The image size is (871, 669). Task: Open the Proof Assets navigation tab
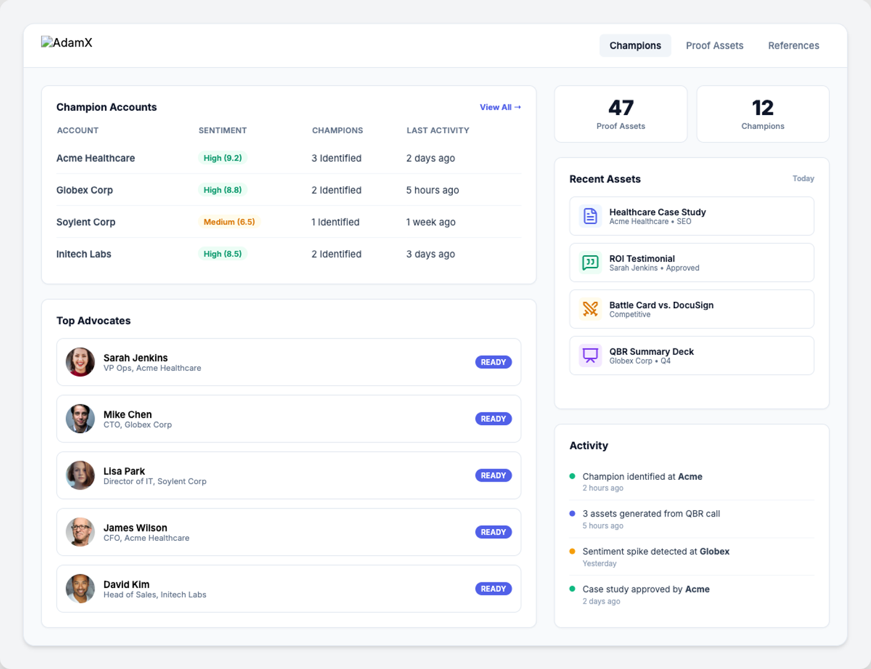click(714, 45)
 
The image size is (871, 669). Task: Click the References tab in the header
click(793, 45)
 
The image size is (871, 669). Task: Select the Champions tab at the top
click(635, 45)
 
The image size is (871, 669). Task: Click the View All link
click(500, 107)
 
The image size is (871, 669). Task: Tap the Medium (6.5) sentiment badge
click(229, 222)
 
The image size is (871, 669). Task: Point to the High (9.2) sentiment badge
click(222, 158)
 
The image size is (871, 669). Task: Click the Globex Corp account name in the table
click(85, 190)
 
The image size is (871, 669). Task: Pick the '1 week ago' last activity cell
click(431, 222)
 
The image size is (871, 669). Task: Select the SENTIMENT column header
click(222, 131)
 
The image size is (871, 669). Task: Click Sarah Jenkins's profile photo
click(80, 362)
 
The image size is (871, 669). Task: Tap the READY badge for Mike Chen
click(493, 419)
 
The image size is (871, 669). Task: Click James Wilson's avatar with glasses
click(80, 532)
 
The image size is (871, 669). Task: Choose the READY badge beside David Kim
click(493, 589)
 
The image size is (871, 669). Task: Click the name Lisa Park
click(124, 471)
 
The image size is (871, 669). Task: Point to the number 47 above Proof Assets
click(621, 108)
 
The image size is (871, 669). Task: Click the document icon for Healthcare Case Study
click(590, 216)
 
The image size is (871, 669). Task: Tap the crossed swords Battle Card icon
click(590, 309)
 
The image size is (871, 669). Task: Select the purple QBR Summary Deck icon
click(590, 355)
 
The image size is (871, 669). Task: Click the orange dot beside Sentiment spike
click(572, 551)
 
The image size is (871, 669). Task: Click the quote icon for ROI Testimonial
click(590, 263)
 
